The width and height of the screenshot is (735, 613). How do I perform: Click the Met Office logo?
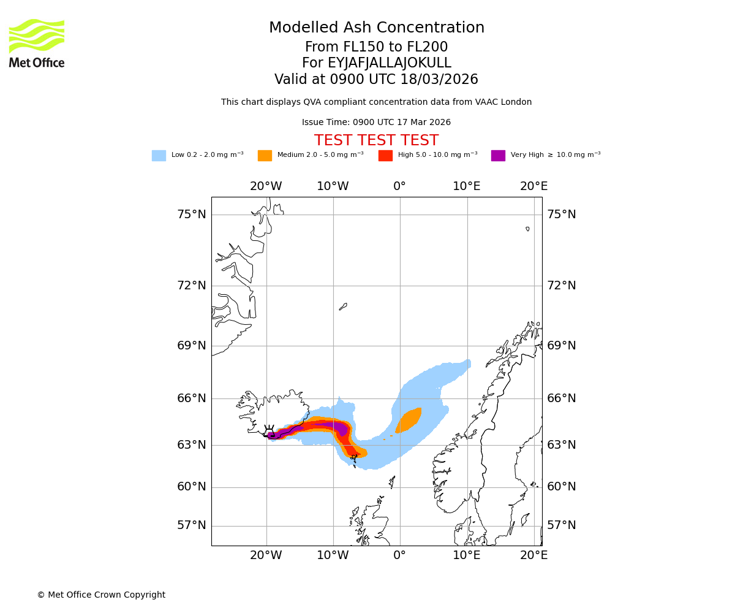[x=37, y=43]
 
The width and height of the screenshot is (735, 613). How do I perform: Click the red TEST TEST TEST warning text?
[x=376, y=141]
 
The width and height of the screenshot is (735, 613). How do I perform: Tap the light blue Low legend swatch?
[x=159, y=156]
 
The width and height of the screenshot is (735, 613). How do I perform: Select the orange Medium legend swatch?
[x=265, y=156]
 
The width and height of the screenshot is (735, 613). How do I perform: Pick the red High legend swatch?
[x=385, y=156]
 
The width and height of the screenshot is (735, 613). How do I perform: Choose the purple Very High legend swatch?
[x=498, y=156]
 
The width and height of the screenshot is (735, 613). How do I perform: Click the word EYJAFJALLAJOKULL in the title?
[x=389, y=63]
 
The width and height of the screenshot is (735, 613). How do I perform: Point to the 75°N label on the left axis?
[x=192, y=215]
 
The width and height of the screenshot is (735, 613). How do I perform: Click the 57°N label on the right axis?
[x=562, y=525]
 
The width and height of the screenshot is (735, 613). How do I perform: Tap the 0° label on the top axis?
[x=400, y=186]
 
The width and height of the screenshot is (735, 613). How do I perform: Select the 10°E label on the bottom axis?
[x=467, y=555]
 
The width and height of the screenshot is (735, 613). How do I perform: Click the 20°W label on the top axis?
[x=266, y=186]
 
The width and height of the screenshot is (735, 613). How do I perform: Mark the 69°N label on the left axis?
[x=192, y=346]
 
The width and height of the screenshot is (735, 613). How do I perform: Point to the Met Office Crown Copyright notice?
[x=101, y=595]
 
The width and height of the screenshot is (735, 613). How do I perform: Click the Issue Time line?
[x=376, y=123]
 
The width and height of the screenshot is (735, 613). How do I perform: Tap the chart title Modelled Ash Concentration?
[x=377, y=28]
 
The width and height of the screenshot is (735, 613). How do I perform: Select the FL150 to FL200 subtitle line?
[x=377, y=47]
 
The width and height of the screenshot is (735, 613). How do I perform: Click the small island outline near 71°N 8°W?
[x=343, y=306]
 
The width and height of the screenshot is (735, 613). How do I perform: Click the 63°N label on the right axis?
[x=562, y=445]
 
